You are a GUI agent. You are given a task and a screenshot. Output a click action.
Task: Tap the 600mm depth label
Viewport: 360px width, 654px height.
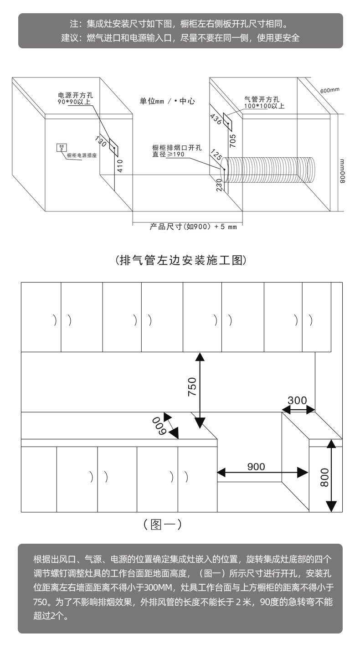[329, 90]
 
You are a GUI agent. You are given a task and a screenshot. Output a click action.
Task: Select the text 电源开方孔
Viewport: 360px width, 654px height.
[75, 95]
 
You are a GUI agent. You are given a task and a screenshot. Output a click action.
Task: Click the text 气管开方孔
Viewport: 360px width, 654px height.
[262, 99]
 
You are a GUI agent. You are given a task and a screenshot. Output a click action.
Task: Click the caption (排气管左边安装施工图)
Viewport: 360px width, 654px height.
[180, 260]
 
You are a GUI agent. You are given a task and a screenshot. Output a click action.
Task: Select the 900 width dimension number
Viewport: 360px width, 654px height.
[256, 466]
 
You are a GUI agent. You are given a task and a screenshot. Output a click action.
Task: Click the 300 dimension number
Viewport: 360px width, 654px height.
[297, 401]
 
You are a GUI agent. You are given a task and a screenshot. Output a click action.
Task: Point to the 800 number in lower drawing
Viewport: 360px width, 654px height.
[324, 478]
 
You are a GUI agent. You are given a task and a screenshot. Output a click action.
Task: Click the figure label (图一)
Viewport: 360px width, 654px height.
[162, 524]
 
